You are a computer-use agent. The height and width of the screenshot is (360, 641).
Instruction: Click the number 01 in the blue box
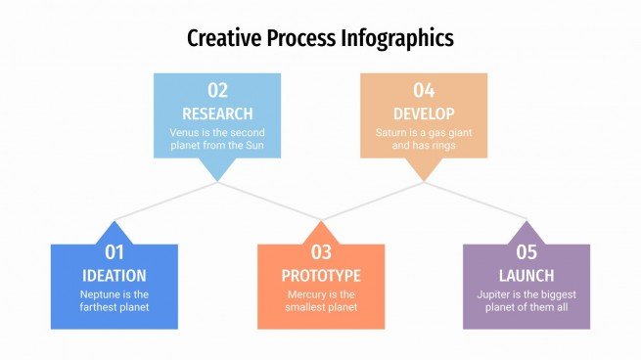click(x=114, y=253)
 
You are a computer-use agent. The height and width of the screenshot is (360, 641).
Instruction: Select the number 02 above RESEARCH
click(x=217, y=91)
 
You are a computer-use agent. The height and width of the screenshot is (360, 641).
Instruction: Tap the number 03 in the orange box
click(x=321, y=253)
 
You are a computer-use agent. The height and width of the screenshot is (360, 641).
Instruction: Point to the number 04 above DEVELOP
click(x=424, y=91)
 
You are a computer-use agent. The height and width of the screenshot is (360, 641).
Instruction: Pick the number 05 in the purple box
click(x=527, y=253)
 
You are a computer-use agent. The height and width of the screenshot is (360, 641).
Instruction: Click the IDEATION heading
click(x=114, y=275)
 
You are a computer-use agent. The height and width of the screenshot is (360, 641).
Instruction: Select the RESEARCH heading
click(x=217, y=112)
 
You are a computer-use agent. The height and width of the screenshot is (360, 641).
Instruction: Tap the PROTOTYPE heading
click(x=321, y=275)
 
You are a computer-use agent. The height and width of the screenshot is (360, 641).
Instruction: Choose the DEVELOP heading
click(x=424, y=112)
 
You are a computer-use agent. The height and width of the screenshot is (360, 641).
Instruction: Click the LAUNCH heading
click(x=527, y=275)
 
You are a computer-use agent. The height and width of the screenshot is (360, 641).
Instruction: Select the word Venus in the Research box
click(x=184, y=132)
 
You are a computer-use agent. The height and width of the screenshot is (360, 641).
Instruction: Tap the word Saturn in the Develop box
click(x=392, y=132)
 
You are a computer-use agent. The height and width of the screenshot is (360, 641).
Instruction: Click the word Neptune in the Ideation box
click(x=101, y=293)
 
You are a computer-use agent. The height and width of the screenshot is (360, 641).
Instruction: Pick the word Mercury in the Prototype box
click(x=308, y=293)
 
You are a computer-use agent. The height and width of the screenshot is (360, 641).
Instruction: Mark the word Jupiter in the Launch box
click(x=495, y=293)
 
